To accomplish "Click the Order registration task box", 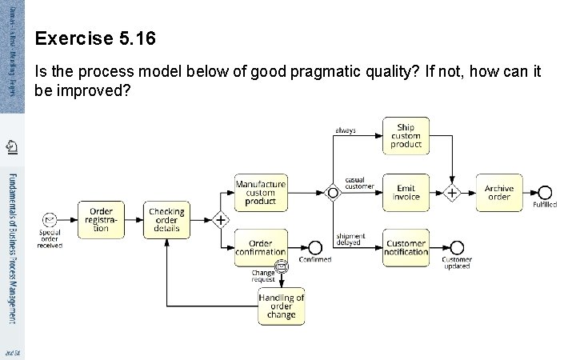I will click(101, 217).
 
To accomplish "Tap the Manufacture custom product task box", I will click(260, 193).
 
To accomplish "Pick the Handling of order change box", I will click(282, 306).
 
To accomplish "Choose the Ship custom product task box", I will click(406, 135).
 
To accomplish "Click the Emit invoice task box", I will click(406, 193).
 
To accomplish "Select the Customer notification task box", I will click(406, 248).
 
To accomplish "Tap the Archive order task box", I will click(499, 193).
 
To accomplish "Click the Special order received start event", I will click(50, 219).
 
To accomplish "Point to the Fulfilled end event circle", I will click(545, 193).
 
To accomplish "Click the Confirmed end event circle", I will click(315, 248).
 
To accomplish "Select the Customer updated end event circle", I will click(457, 248).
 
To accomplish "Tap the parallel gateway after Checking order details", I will click(218, 219).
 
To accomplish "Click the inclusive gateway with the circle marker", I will click(332, 193).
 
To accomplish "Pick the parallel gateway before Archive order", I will click(452, 193).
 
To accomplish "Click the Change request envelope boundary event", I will click(281, 266).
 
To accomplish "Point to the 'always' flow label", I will click(346, 130).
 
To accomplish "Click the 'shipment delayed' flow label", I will click(350, 239).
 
